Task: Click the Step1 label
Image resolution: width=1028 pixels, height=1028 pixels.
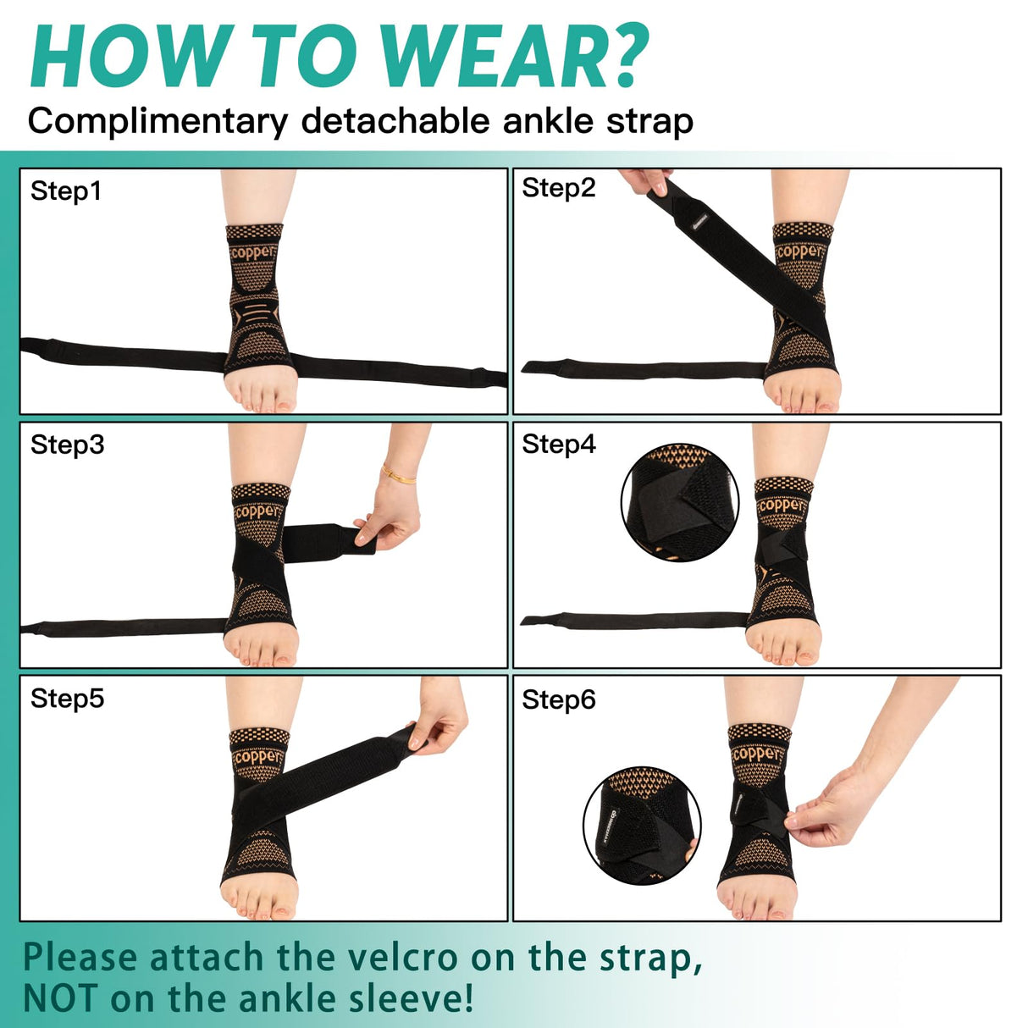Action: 66,191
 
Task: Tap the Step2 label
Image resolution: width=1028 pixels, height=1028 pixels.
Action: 559,188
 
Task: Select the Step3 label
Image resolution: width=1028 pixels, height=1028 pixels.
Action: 68,445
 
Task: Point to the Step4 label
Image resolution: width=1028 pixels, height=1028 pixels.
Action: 559,445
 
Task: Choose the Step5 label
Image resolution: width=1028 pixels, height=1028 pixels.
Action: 68,699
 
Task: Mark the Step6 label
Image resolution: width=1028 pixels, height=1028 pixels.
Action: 559,699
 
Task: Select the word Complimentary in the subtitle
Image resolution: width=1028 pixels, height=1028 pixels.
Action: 158,122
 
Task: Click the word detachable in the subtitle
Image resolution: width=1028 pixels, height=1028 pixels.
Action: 397,120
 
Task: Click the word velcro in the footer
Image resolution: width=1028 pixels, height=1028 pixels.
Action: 402,958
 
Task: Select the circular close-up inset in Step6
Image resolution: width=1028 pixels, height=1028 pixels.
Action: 642,826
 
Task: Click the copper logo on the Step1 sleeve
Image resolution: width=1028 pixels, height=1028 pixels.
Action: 251,252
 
